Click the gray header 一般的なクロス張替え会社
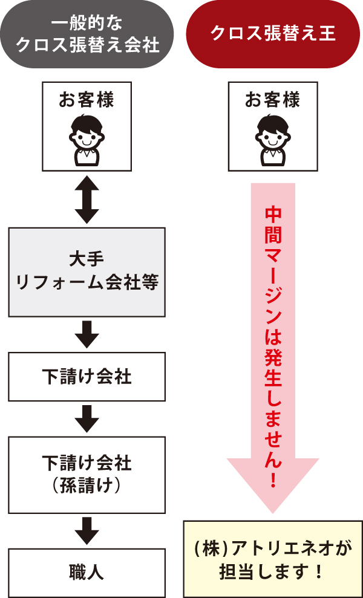[x=87, y=34]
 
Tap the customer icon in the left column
[x=87, y=138]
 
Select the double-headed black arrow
[x=87, y=199]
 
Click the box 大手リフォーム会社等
[x=87, y=271]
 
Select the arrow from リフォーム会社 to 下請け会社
[x=87, y=334]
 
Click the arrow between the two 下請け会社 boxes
[x=87, y=418]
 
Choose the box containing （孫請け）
[x=87, y=474]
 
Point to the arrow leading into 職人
[x=87, y=530]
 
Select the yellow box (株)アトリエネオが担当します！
[x=273, y=559]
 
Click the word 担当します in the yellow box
[x=264, y=571]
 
